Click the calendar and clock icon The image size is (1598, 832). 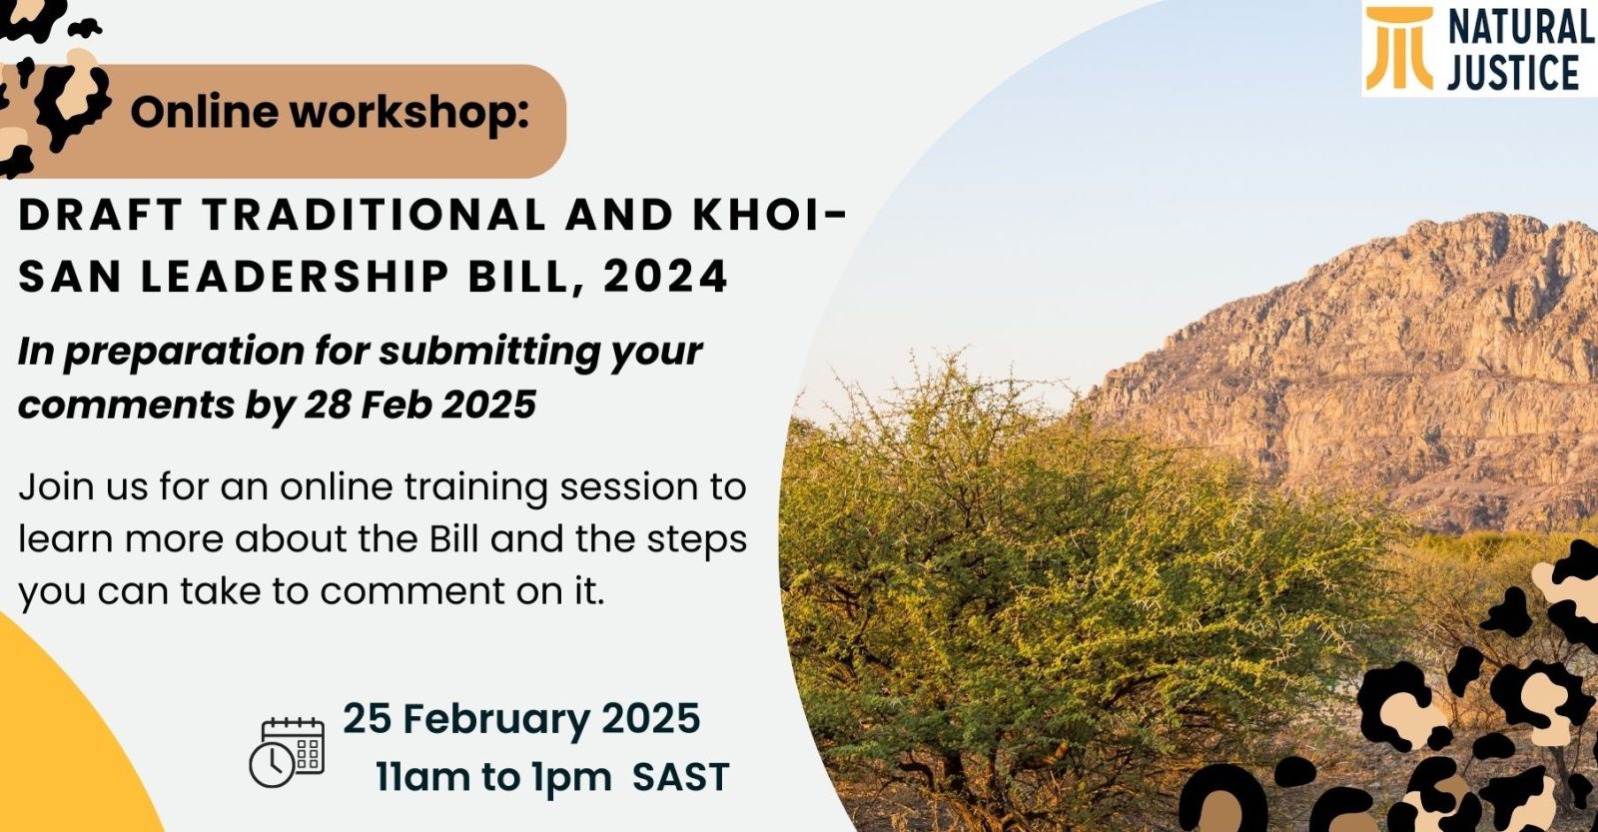(x=287, y=752)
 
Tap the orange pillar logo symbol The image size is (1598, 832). (x=1399, y=49)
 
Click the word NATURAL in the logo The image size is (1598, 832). (x=1520, y=29)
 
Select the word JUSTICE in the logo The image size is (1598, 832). (x=1513, y=73)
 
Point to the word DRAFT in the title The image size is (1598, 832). (x=101, y=215)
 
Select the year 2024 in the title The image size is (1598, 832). (x=665, y=276)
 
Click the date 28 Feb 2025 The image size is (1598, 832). (x=419, y=405)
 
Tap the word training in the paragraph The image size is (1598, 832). (x=475, y=488)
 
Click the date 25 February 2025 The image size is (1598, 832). (x=521, y=718)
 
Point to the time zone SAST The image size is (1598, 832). (x=680, y=777)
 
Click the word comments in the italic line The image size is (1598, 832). (x=126, y=406)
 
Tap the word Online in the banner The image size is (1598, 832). (x=204, y=113)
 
